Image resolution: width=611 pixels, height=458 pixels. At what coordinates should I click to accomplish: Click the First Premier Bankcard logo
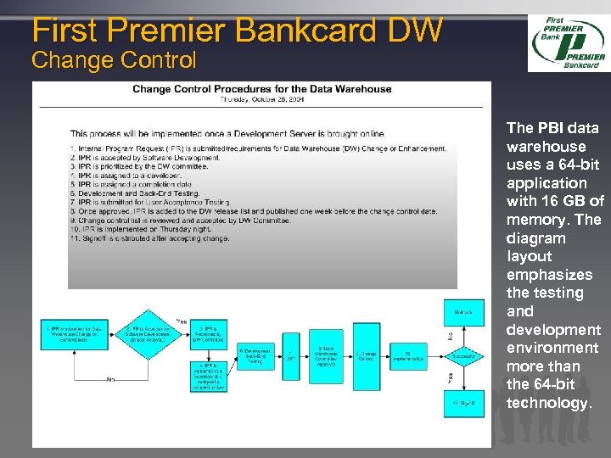tap(567, 43)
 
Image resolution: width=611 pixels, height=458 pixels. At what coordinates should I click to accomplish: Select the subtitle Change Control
tap(114, 60)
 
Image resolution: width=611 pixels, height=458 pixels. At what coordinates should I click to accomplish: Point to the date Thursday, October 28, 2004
tap(261, 99)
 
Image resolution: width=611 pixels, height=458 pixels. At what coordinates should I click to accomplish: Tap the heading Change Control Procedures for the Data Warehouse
tap(261, 88)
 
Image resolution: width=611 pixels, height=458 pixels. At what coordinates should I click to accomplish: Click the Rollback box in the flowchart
tap(463, 313)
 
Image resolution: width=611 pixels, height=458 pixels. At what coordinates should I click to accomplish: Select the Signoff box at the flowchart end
tap(463, 402)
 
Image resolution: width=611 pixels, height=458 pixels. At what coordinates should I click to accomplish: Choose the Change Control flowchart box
tap(366, 357)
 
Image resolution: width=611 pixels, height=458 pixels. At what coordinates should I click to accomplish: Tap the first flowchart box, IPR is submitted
tap(72, 333)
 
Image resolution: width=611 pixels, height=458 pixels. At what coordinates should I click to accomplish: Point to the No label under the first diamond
tap(110, 379)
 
